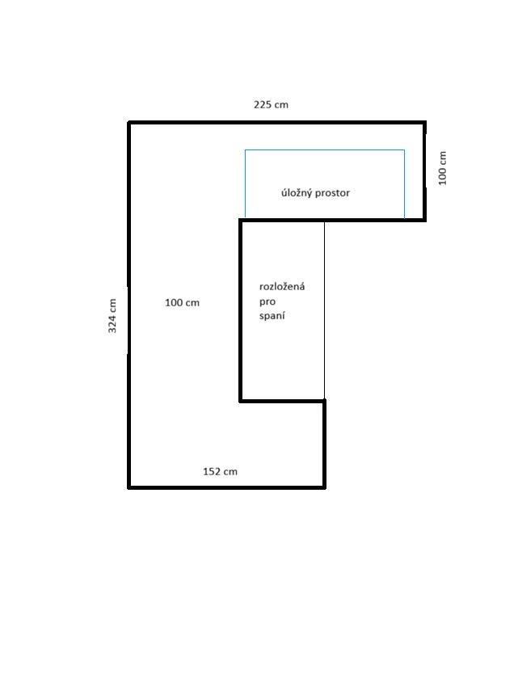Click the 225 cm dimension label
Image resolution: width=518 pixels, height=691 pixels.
coord(271,104)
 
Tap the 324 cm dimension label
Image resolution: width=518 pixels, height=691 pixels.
coord(112,315)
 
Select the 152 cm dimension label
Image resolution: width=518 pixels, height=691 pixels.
coord(220,471)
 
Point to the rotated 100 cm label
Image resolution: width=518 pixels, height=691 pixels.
coord(443,168)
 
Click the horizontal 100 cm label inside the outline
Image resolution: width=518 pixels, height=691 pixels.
coord(182,303)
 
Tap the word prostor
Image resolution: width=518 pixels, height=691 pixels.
coord(333,193)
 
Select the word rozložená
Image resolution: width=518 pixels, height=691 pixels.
coord(282,286)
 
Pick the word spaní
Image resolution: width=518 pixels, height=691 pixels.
coord(272,316)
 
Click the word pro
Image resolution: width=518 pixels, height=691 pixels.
coord(267,302)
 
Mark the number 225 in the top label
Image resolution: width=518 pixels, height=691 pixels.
coord(262,104)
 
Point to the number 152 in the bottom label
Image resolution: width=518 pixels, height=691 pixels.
coord(211,471)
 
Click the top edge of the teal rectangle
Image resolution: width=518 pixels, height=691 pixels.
coord(325,150)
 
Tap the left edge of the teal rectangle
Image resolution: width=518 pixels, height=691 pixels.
coord(246,183)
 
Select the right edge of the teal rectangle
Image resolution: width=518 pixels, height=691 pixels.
coord(404,183)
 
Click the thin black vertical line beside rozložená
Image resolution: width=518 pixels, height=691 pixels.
coord(325,310)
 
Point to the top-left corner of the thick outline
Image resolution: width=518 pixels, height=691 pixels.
coord(129,123)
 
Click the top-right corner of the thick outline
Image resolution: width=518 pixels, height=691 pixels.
coord(424,123)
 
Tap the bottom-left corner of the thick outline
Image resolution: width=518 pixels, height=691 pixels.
coord(129,487)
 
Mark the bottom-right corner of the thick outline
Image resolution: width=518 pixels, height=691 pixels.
coord(325,487)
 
